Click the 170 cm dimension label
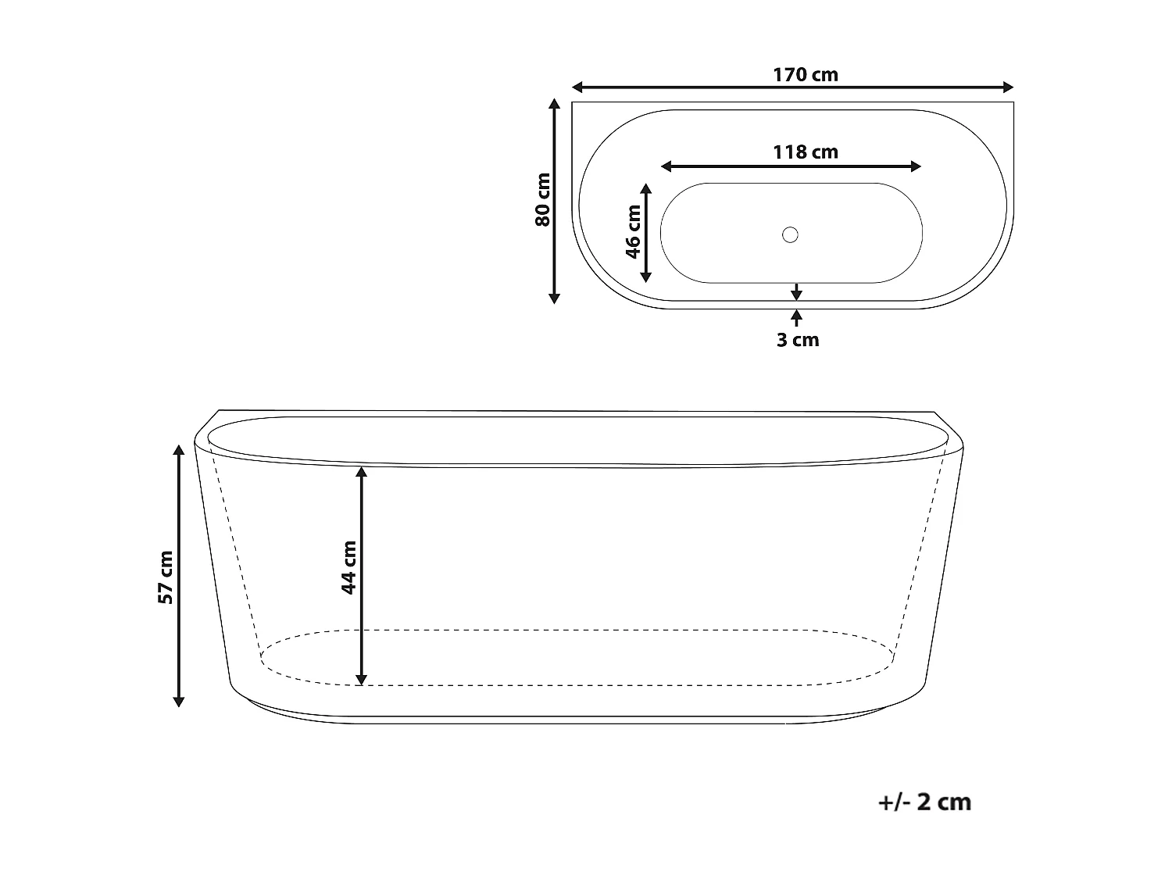[x=806, y=75]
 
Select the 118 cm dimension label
[x=806, y=152]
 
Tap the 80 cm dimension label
[x=542, y=199]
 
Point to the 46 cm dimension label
[x=633, y=231]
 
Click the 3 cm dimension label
[x=798, y=340]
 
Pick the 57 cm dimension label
[x=166, y=577]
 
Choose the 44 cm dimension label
[x=348, y=567]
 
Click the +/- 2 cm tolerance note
[x=925, y=802]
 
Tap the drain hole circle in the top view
[x=790, y=235]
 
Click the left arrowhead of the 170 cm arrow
[x=577, y=87]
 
